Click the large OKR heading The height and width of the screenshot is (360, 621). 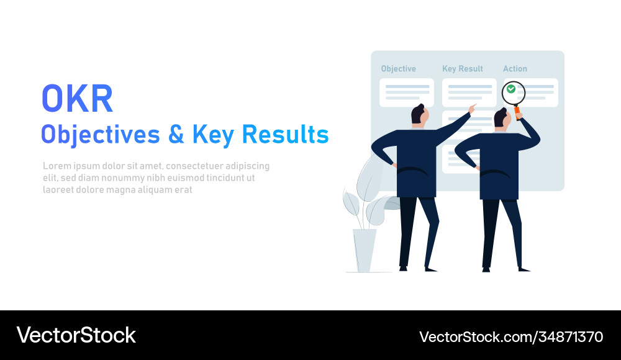click(77, 98)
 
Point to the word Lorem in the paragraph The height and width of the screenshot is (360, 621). click(56, 166)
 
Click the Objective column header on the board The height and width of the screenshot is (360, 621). click(398, 69)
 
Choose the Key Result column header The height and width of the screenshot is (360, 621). click(462, 69)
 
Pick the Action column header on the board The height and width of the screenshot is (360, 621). click(515, 69)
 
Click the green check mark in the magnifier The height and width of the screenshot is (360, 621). click(511, 89)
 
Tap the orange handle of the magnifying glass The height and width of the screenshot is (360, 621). click(517, 114)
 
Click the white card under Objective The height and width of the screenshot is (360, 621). click(406, 92)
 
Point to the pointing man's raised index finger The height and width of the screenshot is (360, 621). click(474, 106)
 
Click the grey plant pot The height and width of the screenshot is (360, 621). click(364, 250)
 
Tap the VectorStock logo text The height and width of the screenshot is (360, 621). click(76, 335)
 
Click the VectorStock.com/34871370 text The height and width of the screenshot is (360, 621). click(510, 337)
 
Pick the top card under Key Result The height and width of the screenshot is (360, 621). click(469, 92)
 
